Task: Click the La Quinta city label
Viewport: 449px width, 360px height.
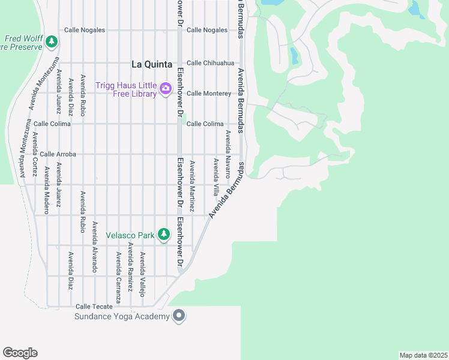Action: click(x=152, y=64)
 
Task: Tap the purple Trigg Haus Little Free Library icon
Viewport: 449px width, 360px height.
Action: click(x=165, y=90)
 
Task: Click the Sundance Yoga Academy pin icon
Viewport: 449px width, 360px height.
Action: click(x=178, y=316)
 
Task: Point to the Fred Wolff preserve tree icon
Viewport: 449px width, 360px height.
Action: click(x=52, y=41)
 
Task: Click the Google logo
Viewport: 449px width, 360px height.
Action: click(x=20, y=353)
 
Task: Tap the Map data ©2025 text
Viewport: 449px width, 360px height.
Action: click(x=424, y=355)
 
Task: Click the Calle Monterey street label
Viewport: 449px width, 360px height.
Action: click(x=208, y=94)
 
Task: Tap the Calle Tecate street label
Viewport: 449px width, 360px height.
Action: click(x=94, y=306)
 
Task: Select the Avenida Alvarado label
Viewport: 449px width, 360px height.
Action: click(x=94, y=247)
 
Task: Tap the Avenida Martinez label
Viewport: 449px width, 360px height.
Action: click(x=192, y=186)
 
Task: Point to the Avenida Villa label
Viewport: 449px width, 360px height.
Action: click(x=215, y=178)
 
